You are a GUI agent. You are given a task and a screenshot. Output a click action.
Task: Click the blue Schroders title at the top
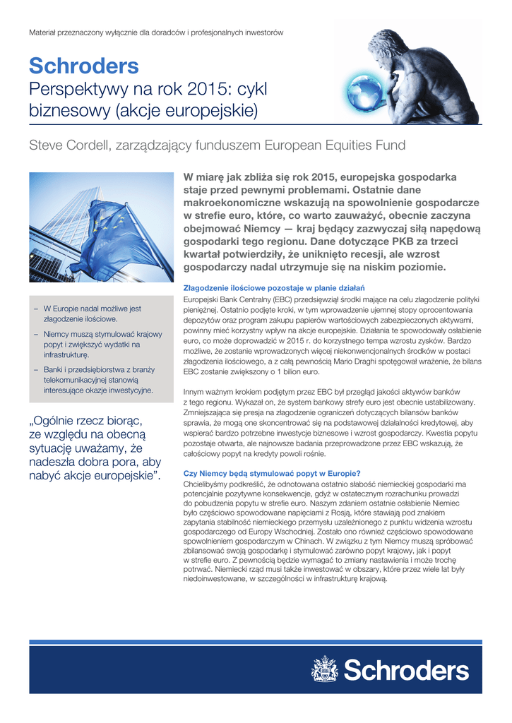[x=83, y=67]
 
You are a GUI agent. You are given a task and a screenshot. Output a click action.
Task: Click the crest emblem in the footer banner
[x=324, y=669]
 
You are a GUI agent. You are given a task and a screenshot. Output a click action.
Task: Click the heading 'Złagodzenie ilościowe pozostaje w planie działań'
[x=273, y=288]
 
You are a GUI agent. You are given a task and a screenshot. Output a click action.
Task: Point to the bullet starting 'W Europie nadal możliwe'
[x=92, y=313]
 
